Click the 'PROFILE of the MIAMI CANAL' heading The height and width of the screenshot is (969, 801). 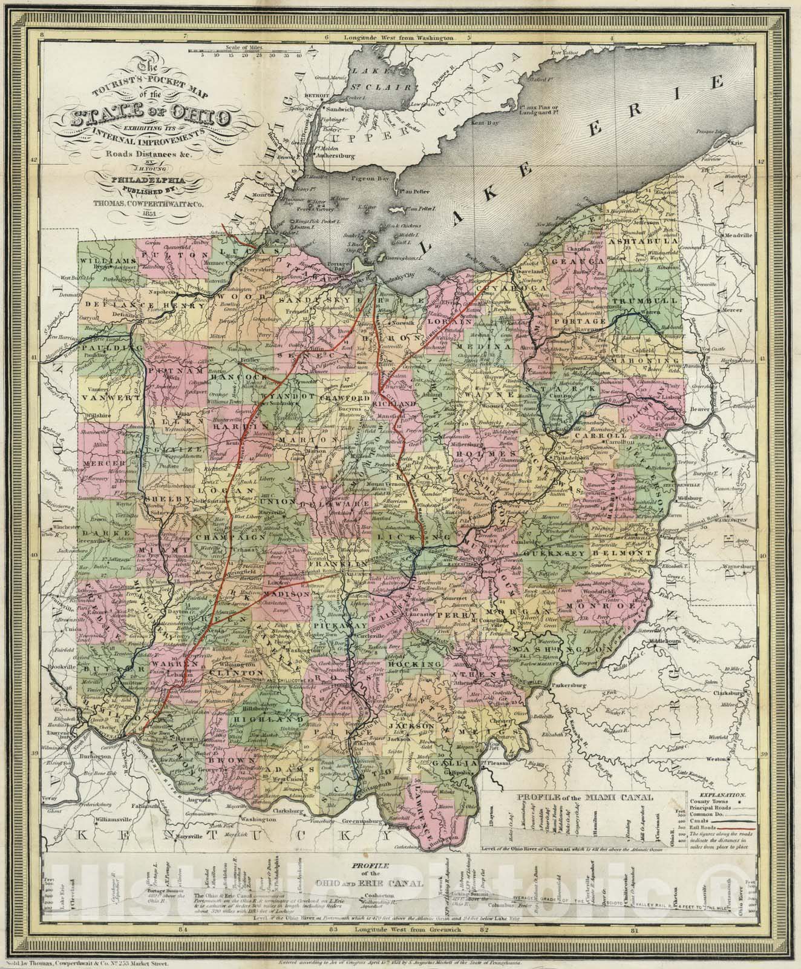pyautogui.click(x=583, y=798)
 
